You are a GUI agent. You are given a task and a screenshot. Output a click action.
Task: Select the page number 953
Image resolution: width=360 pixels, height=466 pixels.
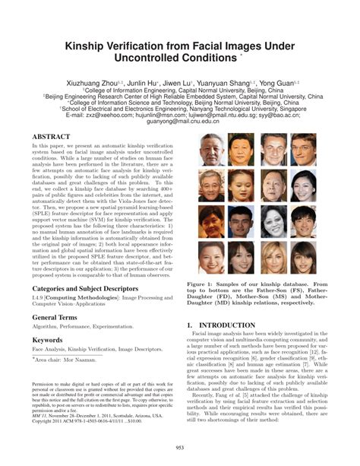[180, 447]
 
